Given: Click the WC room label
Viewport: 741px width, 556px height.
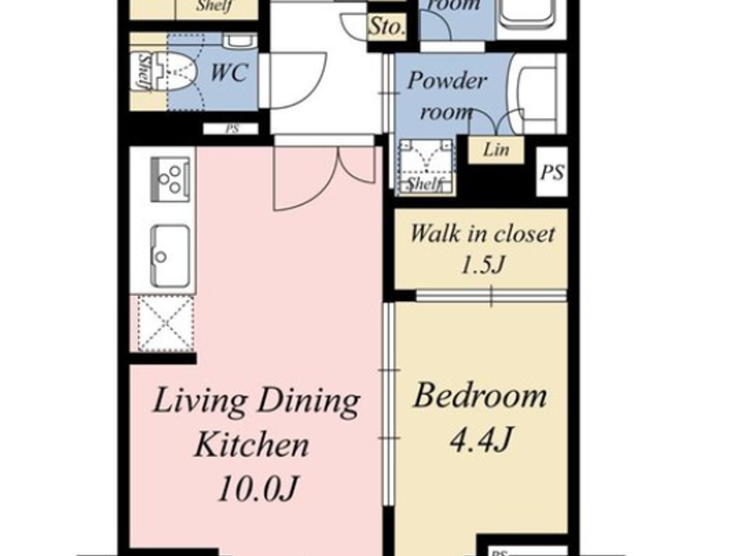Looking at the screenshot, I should point(229,72).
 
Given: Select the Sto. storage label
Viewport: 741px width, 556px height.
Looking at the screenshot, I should point(387,26).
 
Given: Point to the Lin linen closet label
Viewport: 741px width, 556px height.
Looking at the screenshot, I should point(496,150).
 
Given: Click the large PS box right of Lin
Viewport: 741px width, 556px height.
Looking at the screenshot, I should point(552,172).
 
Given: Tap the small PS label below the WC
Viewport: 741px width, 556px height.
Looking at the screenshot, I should point(232,129).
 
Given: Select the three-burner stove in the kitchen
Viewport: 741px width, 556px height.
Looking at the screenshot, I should point(170,178).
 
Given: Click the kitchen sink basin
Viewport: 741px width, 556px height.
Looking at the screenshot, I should point(170,256).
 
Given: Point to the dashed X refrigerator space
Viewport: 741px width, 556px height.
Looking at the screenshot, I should point(165,324).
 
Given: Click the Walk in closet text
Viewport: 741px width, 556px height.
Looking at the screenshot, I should point(482,234).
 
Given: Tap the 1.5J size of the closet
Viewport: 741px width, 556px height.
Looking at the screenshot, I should point(482,264).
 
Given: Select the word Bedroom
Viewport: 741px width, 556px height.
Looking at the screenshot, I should point(480,396).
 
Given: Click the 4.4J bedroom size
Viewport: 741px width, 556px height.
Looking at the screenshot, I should point(481,439).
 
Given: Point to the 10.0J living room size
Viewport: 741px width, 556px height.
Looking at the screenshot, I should point(258,488).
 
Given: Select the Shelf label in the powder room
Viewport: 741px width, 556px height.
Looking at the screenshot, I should point(424,184).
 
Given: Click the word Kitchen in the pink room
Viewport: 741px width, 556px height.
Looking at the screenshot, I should point(252,445).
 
